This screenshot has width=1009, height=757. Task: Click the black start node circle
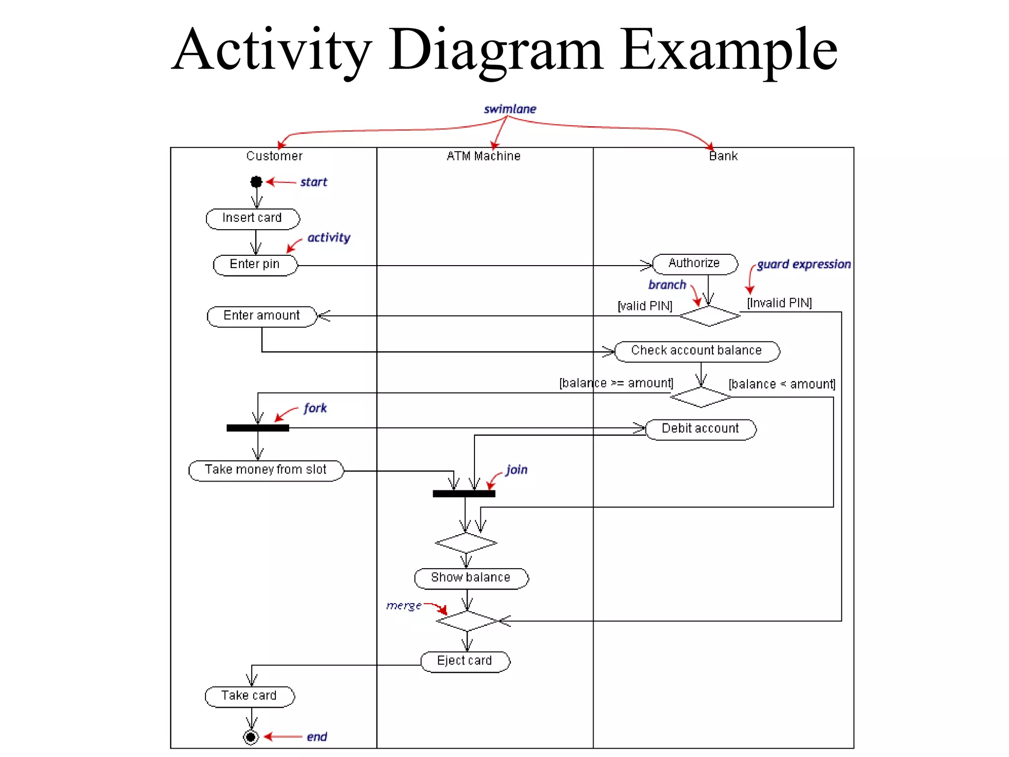coord(256,182)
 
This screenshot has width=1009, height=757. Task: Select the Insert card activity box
coord(252,218)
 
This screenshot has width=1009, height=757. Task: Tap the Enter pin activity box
coord(255,265)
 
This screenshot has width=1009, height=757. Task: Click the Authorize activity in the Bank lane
coord(695,264)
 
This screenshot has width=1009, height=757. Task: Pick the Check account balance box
coord(697,351)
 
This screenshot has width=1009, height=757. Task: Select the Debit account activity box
coord(700,429)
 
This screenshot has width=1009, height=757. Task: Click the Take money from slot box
coord(266,470)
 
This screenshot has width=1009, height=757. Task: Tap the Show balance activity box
coord(471,578)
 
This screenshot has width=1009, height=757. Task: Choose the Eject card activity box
coord(465,661)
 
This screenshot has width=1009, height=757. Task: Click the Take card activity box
coord(249,696)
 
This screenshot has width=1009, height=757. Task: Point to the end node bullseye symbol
coord(251,737)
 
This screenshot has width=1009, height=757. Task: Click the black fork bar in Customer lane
coord(258,428)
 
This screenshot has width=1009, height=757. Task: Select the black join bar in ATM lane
coord(464,493)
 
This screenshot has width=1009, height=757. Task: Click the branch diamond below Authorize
coord(709,316)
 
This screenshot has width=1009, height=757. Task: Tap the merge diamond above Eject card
coord(468,621)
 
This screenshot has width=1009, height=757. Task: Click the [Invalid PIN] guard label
coord(779,303)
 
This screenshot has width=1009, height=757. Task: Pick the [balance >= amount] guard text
coord(616,383)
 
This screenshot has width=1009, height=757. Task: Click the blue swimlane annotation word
coord(510,109)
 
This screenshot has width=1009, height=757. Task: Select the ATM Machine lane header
coord(483,156)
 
